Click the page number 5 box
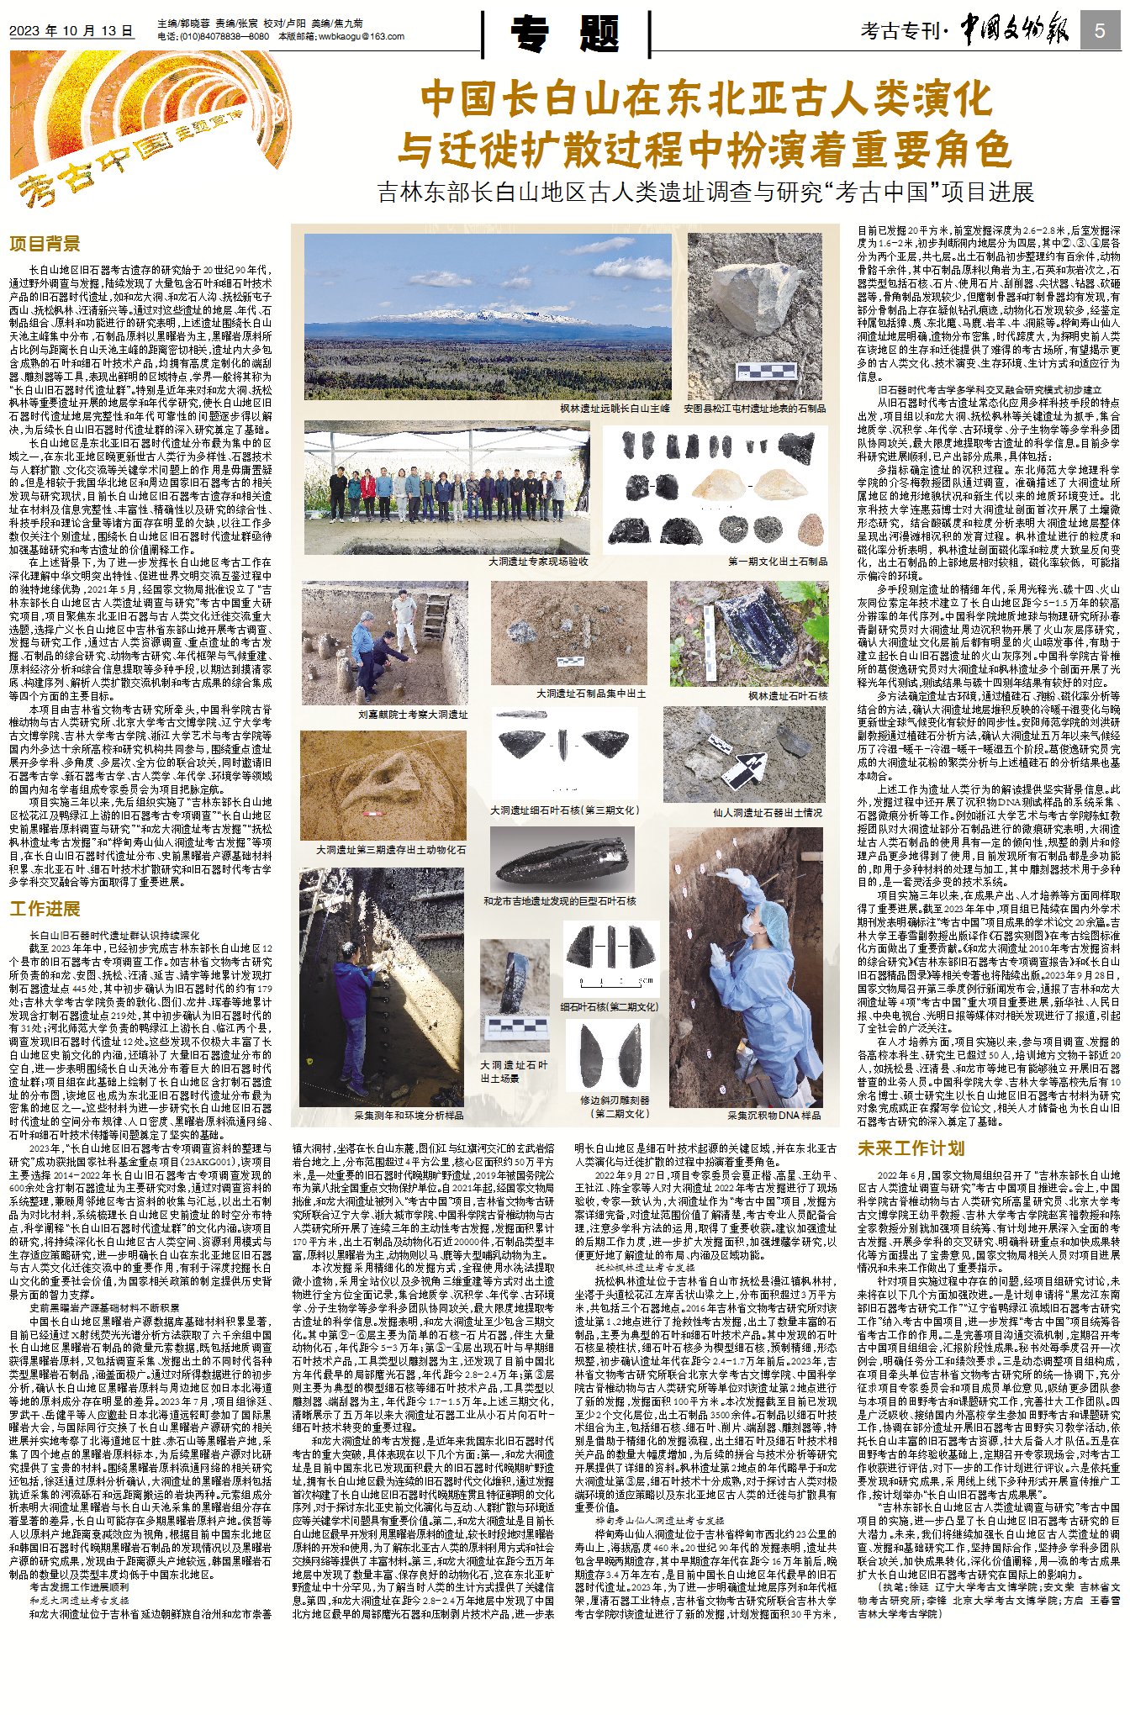click(1100, 32)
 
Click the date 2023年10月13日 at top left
click(71, 31)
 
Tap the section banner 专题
click(566, 34)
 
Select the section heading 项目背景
click(45, 244)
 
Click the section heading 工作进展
click(45, 909)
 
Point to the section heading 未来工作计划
click(910, 1148)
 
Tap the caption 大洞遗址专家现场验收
click(538, 561)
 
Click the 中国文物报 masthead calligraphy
click(1015, 30)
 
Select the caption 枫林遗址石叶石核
click(788, 696)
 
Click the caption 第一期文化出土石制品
click(777, 561)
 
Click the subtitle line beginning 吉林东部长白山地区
click(705, 193)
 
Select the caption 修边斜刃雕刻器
click(614, 1106)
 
